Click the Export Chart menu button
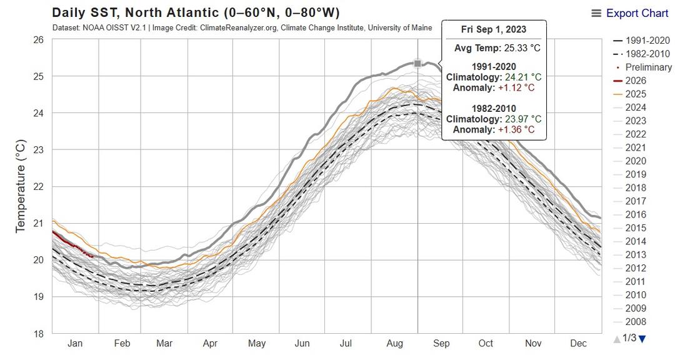click(631, 13)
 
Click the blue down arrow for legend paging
click(642, 339)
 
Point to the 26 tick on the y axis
click(38, 40)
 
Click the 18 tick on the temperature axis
click(38, 333)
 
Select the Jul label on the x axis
click(347, 344)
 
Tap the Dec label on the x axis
click(578, 344)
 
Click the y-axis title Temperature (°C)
click(21, 187)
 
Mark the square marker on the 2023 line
click(417, 63)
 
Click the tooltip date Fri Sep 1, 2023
click(494, 29)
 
